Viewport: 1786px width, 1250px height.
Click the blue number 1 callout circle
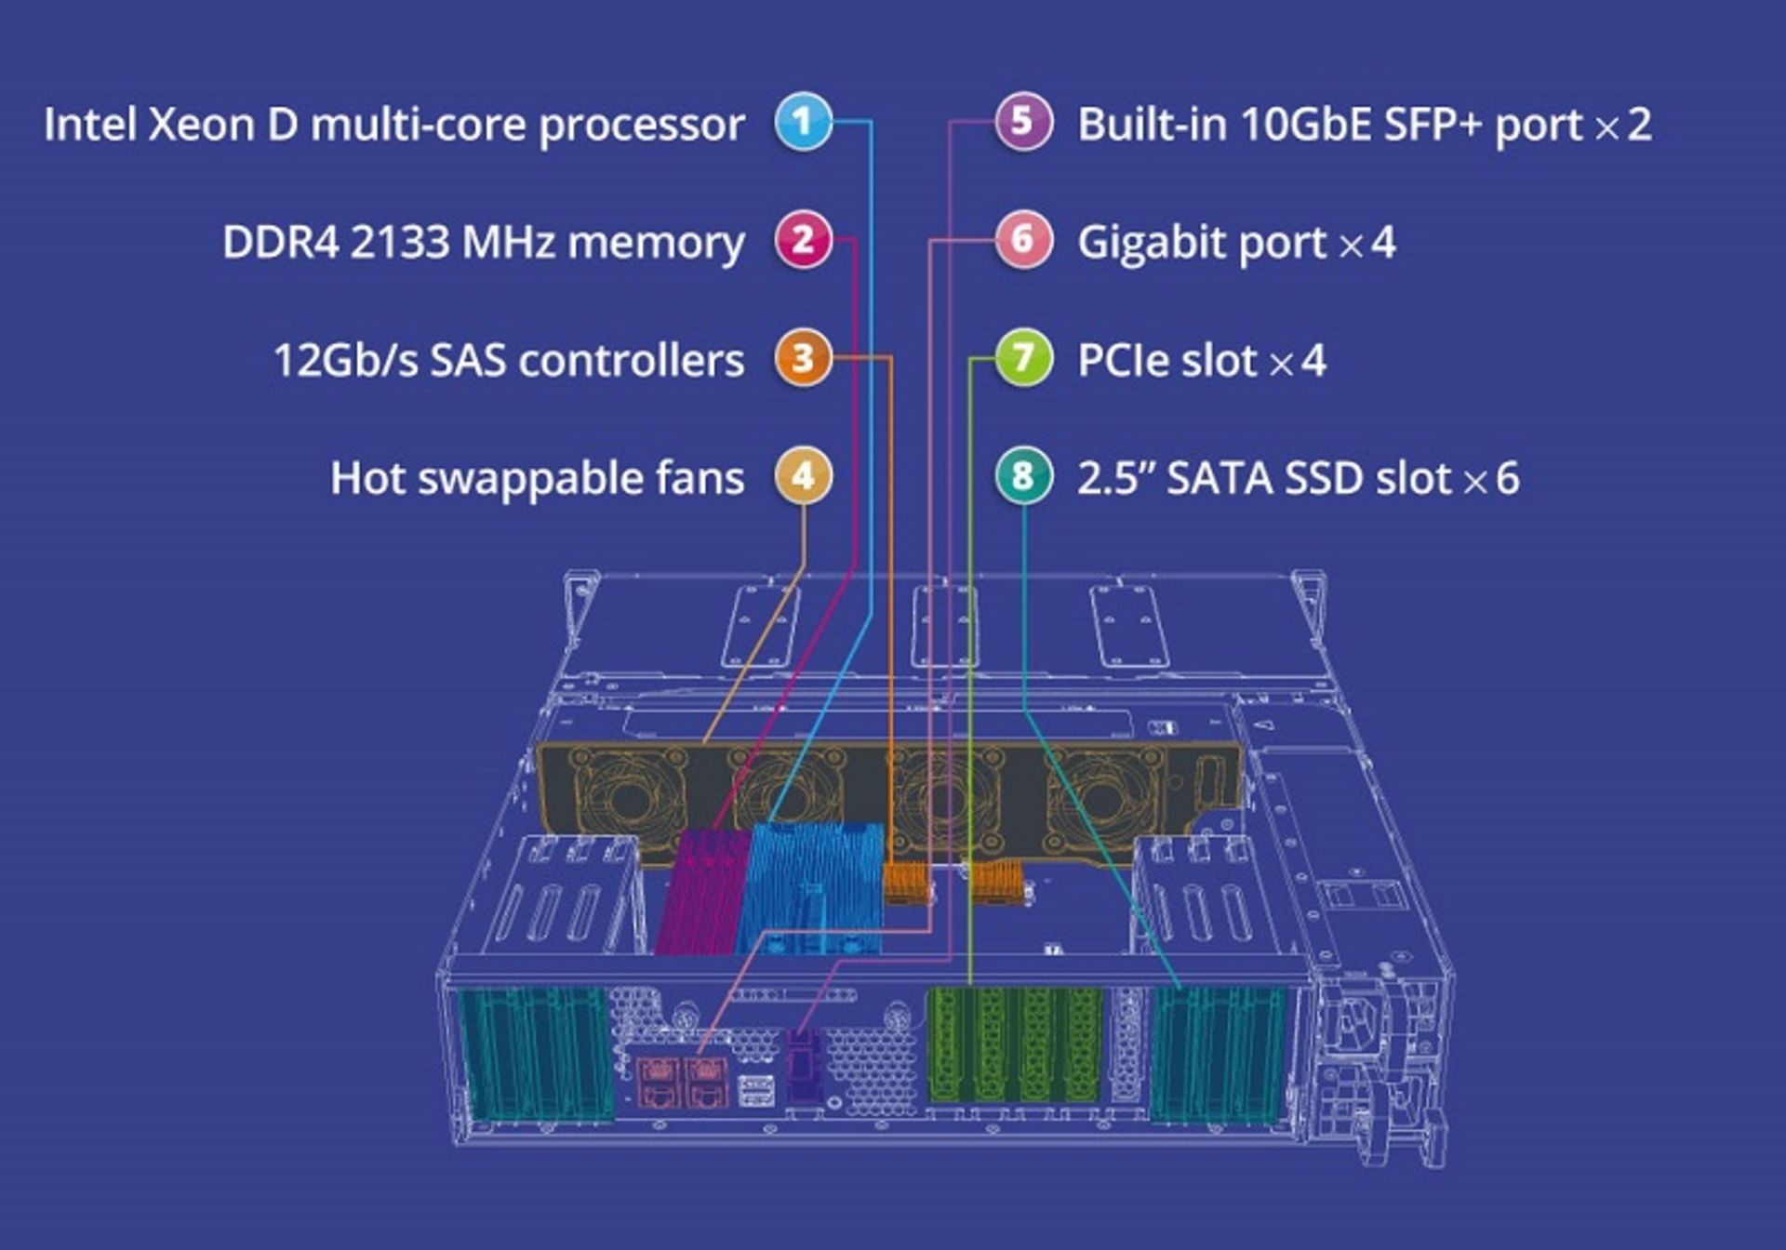[x=803, y=122]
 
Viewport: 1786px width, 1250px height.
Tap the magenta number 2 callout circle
[x=803, y=240]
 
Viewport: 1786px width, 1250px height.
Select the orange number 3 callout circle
[x=803, y=358]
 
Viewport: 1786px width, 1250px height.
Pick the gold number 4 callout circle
[x=803, y=476]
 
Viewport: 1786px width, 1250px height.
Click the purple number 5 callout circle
[x=1022, y=122]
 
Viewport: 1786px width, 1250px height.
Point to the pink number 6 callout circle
[x=1022, y=240]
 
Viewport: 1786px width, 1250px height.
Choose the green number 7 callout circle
[x=1022, y=358]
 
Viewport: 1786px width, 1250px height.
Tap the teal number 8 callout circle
[x=1022, y=476]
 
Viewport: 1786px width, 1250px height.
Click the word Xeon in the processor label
[x=201, y=125]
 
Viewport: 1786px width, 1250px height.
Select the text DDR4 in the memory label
[x=280, y=243]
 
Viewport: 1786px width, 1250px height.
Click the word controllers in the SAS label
[x=632, y=361]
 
